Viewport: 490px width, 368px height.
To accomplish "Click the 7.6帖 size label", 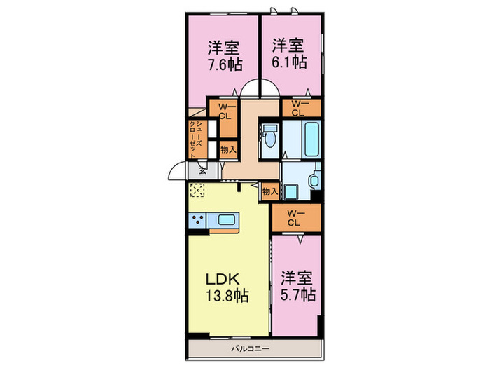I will point(223,62).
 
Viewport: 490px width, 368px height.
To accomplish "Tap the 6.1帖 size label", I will point(288,62).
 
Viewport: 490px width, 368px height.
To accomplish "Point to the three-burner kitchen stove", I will point(196,221).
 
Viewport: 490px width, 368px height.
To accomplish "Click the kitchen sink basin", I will point(226,220).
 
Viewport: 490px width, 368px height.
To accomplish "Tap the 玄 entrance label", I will point(202,169).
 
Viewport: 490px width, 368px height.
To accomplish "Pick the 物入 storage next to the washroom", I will point(270,189).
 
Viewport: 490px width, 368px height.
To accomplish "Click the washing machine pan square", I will point(295,186).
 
